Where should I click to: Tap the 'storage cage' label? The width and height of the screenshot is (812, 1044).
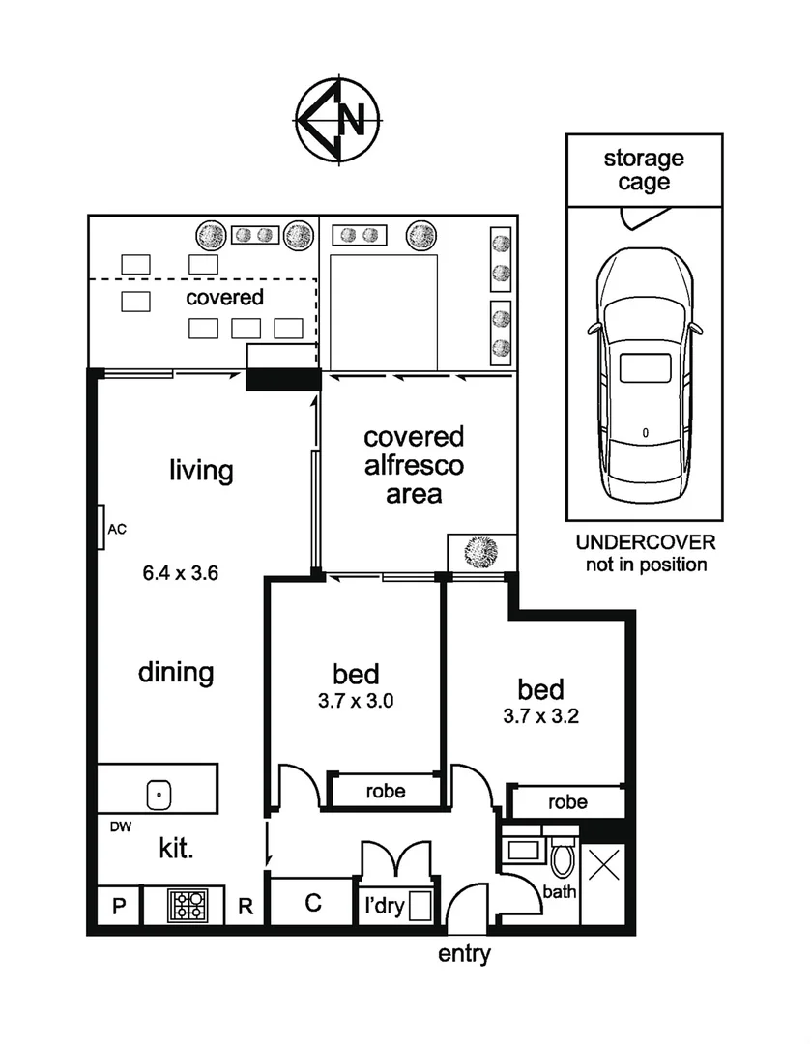(643, 170)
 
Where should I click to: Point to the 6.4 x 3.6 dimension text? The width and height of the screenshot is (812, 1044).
(181, 572)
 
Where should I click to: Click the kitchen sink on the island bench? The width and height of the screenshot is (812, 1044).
(158, 796)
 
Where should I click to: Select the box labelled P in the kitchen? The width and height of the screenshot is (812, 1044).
(119, 907)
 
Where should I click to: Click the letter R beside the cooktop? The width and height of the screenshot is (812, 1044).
(246, 907)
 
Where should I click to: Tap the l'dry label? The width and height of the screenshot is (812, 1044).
(383, 907)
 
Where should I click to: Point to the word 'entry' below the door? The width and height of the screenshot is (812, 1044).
(465, 955)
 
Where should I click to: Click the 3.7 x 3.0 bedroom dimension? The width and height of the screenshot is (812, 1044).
(356, 701)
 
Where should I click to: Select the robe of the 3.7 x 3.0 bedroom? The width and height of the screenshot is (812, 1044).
(385, 791)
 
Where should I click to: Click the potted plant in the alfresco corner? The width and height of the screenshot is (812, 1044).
(480, 552)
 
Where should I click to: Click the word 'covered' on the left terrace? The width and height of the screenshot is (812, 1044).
(224, 297)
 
